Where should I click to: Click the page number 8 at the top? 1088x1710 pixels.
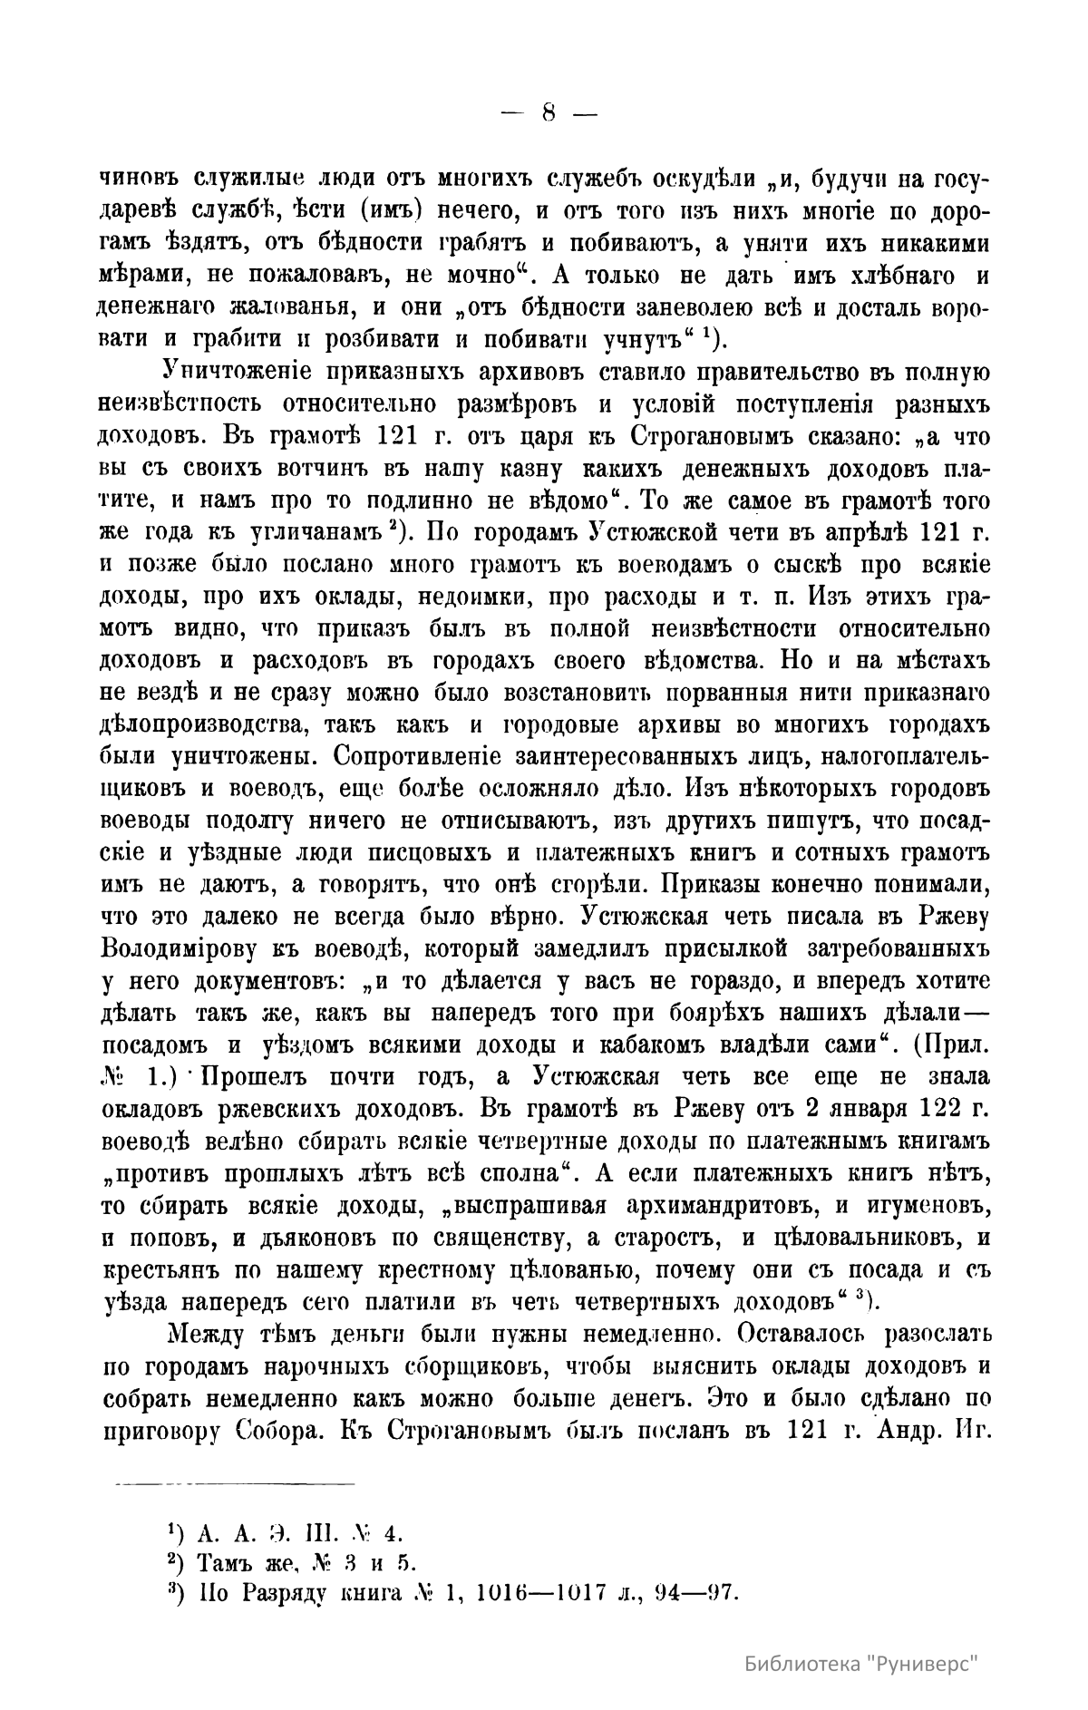(549, 113)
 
